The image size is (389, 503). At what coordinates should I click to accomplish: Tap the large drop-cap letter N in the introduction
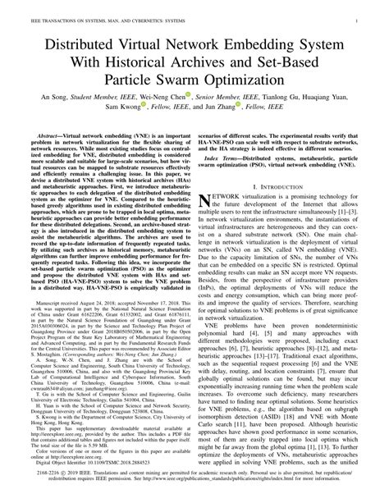click(208, 202)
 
